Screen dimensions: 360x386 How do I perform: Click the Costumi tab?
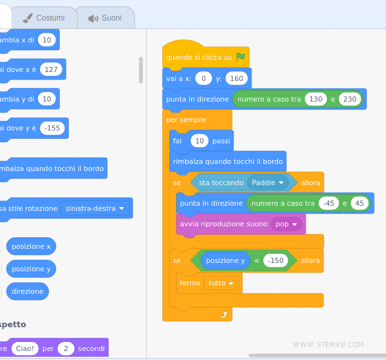(44, 18)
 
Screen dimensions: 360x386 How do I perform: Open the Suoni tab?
(105, 18)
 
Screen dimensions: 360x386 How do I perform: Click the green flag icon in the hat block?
(241, 57)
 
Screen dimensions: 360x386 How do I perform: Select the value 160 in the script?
(237, 78)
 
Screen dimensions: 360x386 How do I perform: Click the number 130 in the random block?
(316, 99)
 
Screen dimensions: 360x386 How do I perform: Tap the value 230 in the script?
(349, 99)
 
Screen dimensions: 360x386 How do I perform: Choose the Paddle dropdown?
(268, 183)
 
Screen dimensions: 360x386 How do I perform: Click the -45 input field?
(329, 203)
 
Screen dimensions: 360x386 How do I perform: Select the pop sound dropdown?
(287, 224)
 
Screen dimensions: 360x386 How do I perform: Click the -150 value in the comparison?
(275, 260)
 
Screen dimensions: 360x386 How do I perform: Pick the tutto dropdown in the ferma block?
(221, 283)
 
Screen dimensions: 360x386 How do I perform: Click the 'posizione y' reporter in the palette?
(31, 269)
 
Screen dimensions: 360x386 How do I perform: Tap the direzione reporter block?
(28, 291)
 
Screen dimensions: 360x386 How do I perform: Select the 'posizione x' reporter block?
(31, 246)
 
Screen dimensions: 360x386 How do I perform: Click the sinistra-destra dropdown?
(95, 208)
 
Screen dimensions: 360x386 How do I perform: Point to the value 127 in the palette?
(51, 69)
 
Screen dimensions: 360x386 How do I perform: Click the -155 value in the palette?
(52, 128)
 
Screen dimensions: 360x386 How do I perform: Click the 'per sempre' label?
(186, 120)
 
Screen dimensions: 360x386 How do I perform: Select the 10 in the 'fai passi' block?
(199, 141)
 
